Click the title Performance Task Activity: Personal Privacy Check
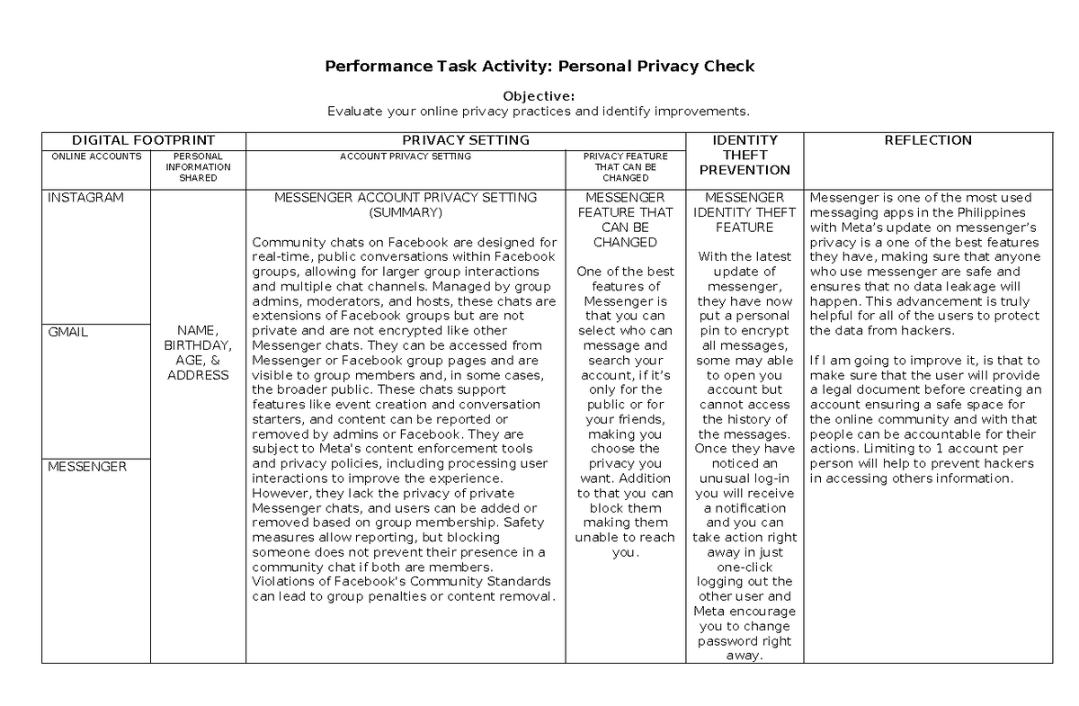tap(539, 66)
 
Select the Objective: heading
tap(539, 96)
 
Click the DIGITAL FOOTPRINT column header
tap(144, 140)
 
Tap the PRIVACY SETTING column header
tap(465, 140)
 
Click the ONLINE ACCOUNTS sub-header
tap(96, 156)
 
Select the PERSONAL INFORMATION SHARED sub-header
tap(198, 166)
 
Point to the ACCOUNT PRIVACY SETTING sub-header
tap(405, 156)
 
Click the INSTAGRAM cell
tap(85, 198)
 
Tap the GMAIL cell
tap(68, 332)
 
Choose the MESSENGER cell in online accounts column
tap(86, 467)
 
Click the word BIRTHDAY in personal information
tap(198, 345)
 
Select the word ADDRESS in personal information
tap(198, 375)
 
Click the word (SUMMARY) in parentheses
tap(406, 212)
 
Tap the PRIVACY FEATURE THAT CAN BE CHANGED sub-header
tap(625, 166)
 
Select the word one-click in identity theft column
tap(744, 567)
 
